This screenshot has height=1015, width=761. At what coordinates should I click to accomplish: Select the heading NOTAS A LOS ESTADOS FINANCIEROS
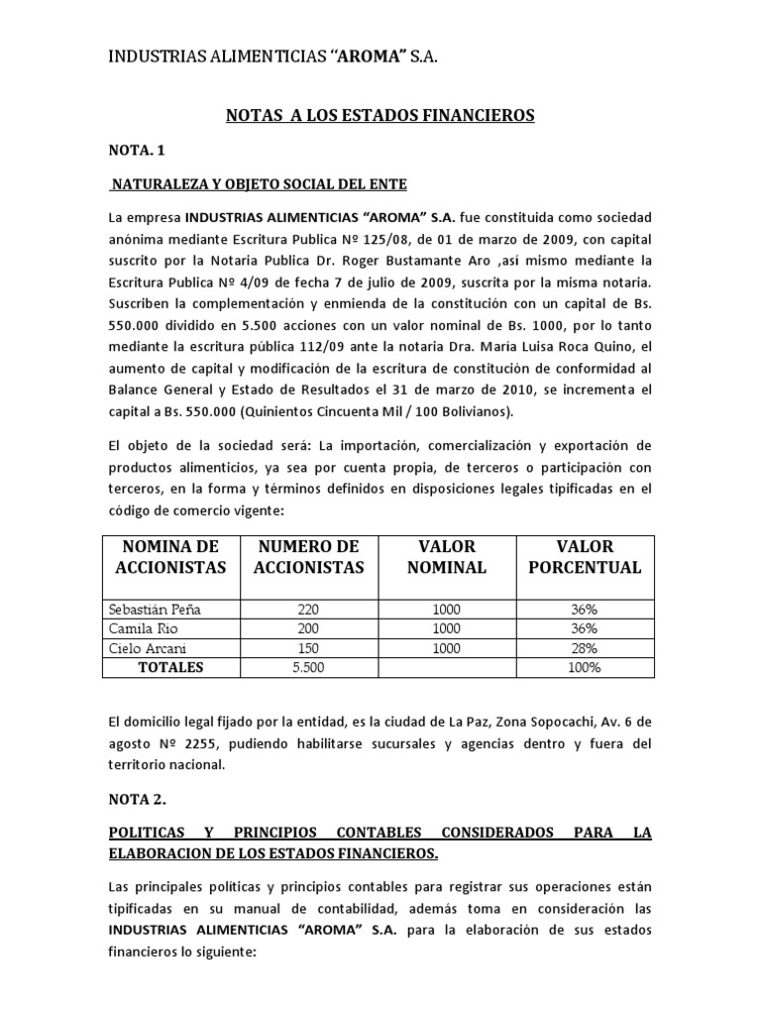(380, 116)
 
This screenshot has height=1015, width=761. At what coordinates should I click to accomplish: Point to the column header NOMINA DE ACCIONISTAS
(169, 557)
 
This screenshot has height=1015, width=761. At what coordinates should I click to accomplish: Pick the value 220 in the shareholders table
(308, 610)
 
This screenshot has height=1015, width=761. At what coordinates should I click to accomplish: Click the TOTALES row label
(170, 667)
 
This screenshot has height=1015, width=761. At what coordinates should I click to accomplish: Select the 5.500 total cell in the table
(308, 667)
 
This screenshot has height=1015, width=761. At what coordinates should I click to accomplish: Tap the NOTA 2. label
(138, 798)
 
